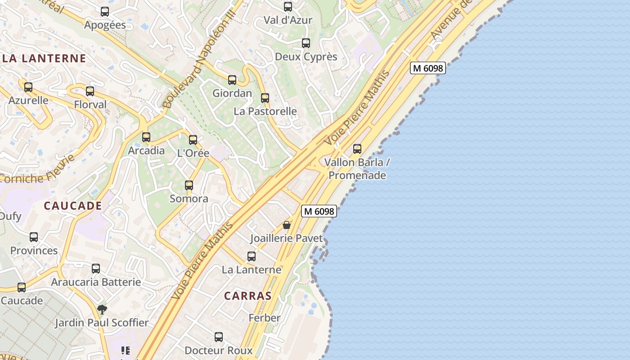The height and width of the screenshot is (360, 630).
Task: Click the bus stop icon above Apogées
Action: coord(105,12)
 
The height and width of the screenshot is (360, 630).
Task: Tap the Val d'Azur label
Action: coord(288,20)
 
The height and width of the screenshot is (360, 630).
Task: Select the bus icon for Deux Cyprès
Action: coord(306,43)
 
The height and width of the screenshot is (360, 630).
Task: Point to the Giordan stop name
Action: coord(232,93)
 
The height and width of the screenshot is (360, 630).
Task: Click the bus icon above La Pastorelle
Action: coord(265,98)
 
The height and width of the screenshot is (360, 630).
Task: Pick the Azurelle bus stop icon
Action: coord(28,87)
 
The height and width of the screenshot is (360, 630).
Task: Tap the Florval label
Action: coord(90,105)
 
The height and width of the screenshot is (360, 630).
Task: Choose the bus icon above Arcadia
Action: coord(146,137)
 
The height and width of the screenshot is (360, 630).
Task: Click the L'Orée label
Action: coord(193,153)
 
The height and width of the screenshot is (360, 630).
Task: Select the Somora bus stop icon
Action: coord(189,185)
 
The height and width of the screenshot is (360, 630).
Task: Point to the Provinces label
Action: coord(34,251)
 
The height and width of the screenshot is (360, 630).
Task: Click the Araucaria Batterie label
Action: coord(96,282)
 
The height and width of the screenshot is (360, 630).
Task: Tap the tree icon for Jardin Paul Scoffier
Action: coord(102,310)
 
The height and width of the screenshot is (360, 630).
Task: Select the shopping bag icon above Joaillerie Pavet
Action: coord(287,225)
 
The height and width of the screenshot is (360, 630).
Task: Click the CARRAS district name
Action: coord(248,296)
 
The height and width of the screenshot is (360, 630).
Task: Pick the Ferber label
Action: coord(265,318)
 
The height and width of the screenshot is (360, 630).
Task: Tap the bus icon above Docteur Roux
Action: coord(219,337)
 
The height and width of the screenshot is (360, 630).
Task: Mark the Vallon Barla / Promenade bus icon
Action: coord(357,148)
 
